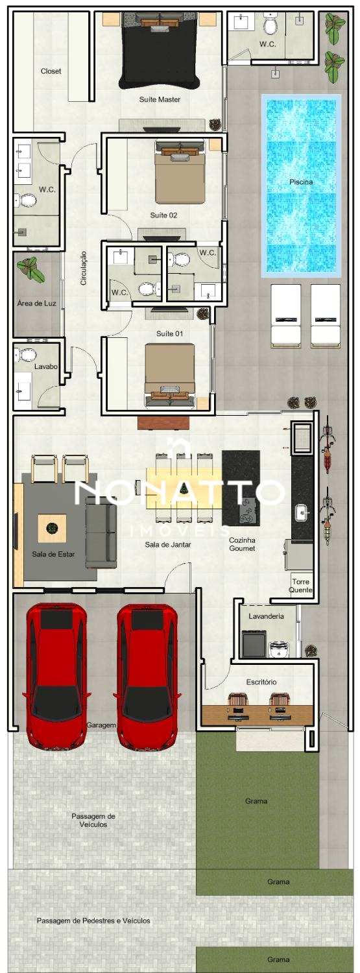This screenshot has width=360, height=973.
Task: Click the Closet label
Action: coord(51,71)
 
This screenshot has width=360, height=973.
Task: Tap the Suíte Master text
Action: coord(160,99)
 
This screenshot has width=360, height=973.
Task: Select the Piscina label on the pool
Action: coord(301,182)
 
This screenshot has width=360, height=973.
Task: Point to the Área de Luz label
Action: coord(37,303)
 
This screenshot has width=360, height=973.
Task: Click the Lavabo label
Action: coord(46,366)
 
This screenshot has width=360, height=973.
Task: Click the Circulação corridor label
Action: coord(84,268)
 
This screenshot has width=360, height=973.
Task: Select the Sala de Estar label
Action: coord(53,554)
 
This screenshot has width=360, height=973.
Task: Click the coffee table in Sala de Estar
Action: coord(52,528)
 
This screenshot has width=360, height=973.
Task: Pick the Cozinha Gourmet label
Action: coord(242,544)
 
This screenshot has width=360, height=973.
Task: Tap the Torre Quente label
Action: coord(301,586)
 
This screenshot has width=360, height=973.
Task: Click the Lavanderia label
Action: coord(266,616)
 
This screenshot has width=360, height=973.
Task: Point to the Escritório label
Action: coord(261,682)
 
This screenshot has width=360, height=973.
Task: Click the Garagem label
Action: coord(101,725)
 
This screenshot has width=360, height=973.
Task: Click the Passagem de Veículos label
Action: coord(93,820)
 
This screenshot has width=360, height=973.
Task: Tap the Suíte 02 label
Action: coord(163,215)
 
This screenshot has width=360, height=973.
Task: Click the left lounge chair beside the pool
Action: coord(286,316)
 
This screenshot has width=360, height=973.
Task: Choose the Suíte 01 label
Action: coord(169,333)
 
